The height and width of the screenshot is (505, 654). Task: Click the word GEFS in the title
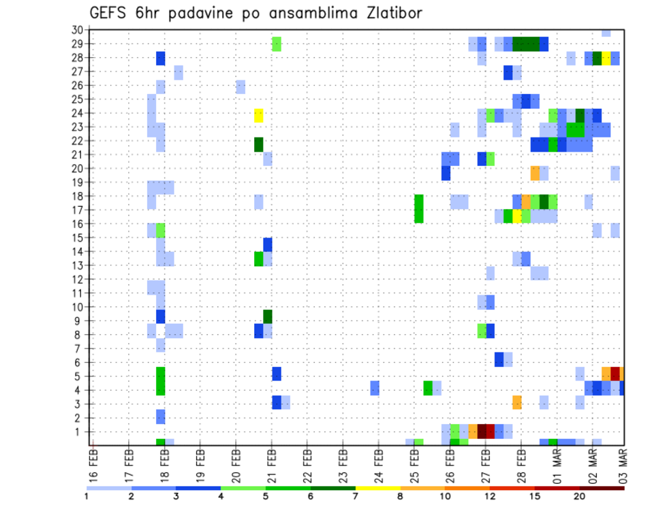[x=107, y=13]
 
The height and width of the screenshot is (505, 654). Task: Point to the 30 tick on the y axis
[x=77, y=30]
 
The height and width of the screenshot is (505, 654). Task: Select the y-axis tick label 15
[x=77, y=238]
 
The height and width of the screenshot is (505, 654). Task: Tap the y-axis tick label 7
[x=80, y=348]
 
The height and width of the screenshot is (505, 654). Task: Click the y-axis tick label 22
[x=77, y=141]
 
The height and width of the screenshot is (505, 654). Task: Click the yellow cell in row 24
[x=259, y=115]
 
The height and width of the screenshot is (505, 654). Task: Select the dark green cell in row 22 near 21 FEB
[x=259, y=144]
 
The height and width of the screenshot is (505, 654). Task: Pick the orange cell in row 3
[x=517, y=402]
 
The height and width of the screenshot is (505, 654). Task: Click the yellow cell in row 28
[x=606, y=58]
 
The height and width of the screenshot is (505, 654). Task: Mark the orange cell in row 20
[x=535, y=173]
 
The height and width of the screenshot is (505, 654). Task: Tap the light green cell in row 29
[x=277, y=44]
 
